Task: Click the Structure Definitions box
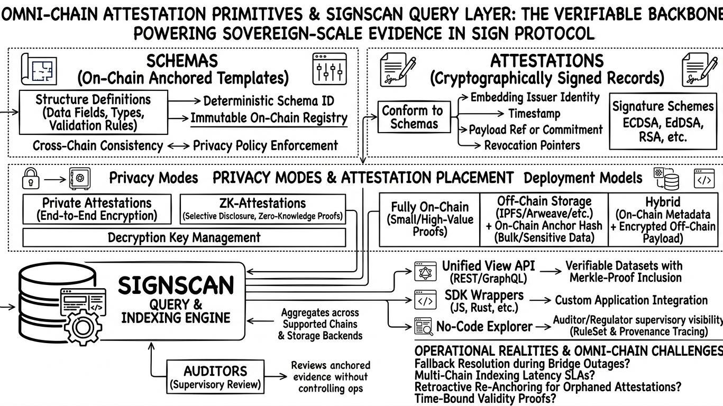click(x=93, y=112)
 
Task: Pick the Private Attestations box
click(x=97, y=209)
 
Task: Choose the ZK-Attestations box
click(x=262, y=209)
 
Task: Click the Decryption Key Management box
click(x=184, y=237)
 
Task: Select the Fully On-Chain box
click(x=429, y=219)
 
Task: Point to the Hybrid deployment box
click(x=665, y=219)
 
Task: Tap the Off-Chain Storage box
click(x=544, y=219)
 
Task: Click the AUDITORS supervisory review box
click(x=215, y=376)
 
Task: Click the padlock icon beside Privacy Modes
click(x=30, y=180)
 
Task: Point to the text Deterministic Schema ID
click(x=269, y=100)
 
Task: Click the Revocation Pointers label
click(x=532, y=145)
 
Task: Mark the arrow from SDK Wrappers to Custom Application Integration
click(x=540, y=300)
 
